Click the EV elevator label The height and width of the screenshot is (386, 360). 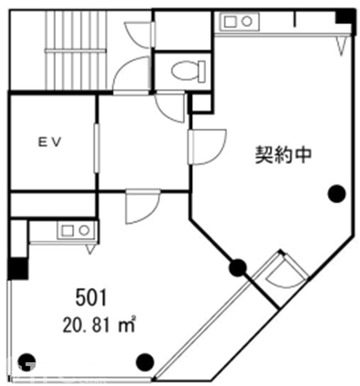pyautogui.click(x=50, y=142)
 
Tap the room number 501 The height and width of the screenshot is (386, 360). pyautogui.click(x=91, y=298)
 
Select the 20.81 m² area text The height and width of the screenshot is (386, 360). pyautogui.click(x=99, y=324)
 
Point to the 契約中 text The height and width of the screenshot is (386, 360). pyautogui.click(x=283, y=155)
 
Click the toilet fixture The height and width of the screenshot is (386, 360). pyautogui.click(x=188, y=71)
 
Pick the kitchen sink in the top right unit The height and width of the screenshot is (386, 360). pyautogui.click(x=239, y=22)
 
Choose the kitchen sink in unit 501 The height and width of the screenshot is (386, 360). pyautogui.click(x=75, y=231)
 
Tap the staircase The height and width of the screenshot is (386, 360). pyautogui.click(x=75, y=50)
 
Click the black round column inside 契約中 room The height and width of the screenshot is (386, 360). pyautogui.click(x=337, y=194)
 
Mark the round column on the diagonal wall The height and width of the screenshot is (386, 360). pyautogui.click(x=238, y=268)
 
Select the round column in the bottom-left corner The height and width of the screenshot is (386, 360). pyautogui.click(x=27, y=362)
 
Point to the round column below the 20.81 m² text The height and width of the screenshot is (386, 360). pyautogui.click(x=145, y=362)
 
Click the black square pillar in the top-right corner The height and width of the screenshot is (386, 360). pyautogui.click(x=345, y=17)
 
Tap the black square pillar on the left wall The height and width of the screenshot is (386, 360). pyautogui.click(x=18, y=268)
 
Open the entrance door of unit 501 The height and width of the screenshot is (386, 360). pyautogui.click(x=142, y=207)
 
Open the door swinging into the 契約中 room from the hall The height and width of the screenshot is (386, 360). pyautogui.click(x=207, y=147)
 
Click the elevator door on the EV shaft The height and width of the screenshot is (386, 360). pyautogui.click(x=97, y=148)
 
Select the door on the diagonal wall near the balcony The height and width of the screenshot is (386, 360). pyautogui.click(x=283, y=271)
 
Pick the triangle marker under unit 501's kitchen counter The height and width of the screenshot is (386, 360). pyautogui.click(x=90, y=249)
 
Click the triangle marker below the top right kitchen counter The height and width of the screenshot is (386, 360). pyautogui.click(x=341, y=46)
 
